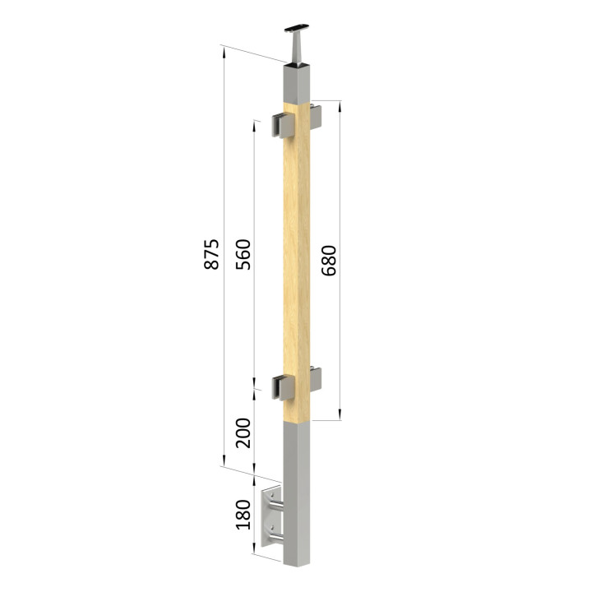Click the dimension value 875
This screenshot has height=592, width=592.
[211, 254]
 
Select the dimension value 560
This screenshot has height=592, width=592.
[243, 254]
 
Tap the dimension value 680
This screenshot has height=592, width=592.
[328, 261]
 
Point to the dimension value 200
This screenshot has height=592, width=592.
[243, 433]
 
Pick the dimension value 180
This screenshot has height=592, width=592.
[243, 515]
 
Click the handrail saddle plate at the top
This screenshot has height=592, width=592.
[297, 28]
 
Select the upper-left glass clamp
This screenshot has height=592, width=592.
[283, 125]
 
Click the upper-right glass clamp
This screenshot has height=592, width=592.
[316, 117]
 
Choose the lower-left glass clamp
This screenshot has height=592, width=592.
[283, 387]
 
